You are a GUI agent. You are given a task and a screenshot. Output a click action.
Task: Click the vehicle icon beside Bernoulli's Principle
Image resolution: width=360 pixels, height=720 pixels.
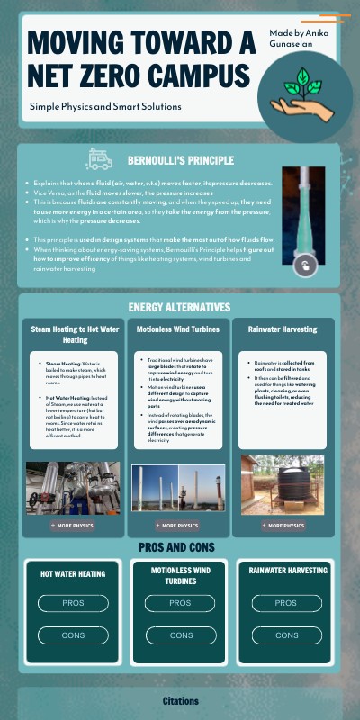pyautogui.click(x=99, y=160)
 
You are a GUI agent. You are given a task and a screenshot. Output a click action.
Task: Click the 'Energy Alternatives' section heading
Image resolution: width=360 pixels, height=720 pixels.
pyautogui.click(x=180, y=308)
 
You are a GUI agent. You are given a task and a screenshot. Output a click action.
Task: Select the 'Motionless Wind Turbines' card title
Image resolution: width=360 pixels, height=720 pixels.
pyautogui.click(x=178, y=329)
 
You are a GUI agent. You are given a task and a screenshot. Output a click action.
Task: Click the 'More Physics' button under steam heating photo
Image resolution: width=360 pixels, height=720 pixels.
pyautogui.click(x=73, y=525)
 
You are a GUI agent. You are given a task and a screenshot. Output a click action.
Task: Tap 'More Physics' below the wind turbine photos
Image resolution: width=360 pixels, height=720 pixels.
pyautogui.click(x=178, y=525)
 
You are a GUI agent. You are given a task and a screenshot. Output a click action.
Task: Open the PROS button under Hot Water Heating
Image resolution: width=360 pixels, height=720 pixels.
pyautogui.click(x=73, y=603)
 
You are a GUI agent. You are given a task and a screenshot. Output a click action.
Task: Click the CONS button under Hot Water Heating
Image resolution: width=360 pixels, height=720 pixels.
pyautogui.click(x=73, y=635)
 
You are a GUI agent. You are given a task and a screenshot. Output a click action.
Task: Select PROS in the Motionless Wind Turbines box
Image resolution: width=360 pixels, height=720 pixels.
pyautogui.click(x=180, y=603)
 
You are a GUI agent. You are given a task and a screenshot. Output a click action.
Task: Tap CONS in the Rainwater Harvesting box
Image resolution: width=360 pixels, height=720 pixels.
pyautogui.click(x=286, y=635)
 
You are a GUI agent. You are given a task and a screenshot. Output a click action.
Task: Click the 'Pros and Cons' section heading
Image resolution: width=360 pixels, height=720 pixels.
pyautogui.click(x=176, y=547)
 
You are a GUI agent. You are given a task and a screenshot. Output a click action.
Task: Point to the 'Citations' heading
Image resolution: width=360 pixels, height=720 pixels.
pyautogui.click(x=180, y=700)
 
